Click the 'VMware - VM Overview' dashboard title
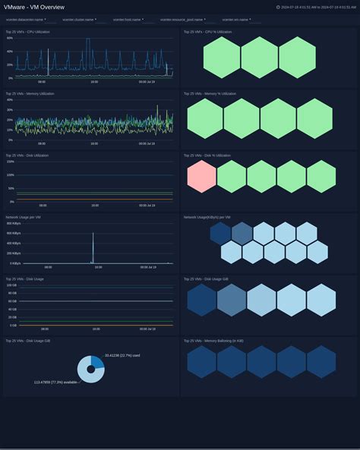33,7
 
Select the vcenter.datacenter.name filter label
25,19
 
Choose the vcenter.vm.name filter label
235,19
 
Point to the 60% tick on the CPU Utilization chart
10,51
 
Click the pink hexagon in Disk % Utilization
201,176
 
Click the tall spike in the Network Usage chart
93,245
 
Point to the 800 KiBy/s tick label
13,223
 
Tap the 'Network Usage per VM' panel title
23,217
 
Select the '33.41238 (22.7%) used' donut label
122,355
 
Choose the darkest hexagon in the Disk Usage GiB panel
201,300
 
